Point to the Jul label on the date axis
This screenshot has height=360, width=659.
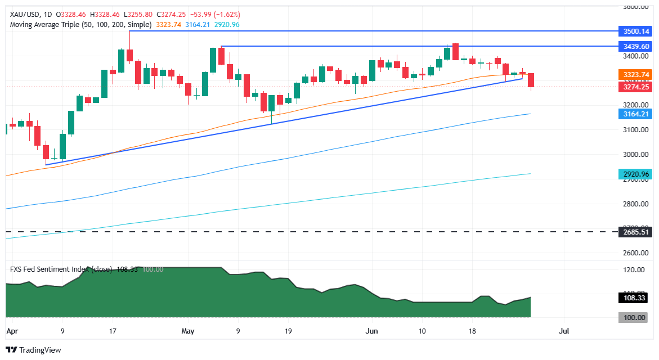pyautogui.click(x=564, y=331)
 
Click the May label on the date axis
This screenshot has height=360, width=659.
pyautogui.click(x=188, y=331)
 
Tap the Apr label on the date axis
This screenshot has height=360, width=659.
pyautogui.click(x=12, y=331)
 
